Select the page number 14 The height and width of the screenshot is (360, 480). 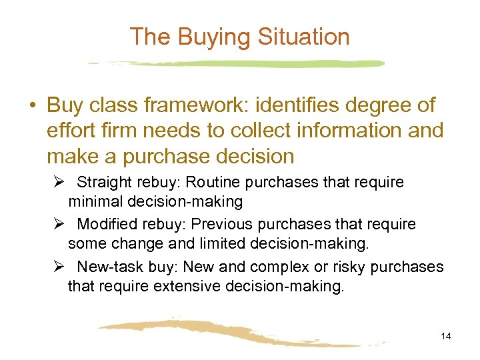point(446,336)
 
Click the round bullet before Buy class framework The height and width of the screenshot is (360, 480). point(33,106)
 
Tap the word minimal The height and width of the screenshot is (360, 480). point(93,201)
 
